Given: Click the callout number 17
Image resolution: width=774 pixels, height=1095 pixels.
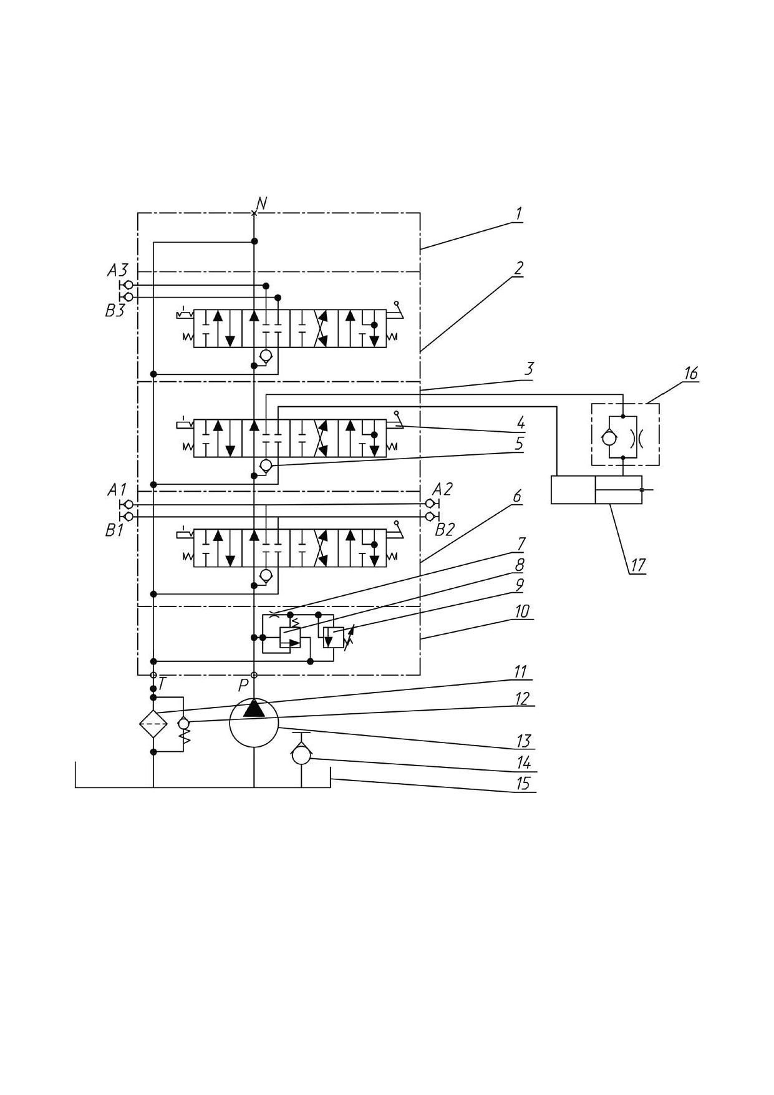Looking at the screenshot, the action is pos(637,565).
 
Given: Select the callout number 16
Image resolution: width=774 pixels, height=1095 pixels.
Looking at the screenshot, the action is pos(690,374).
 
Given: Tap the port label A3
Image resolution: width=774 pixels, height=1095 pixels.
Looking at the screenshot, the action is pos(117,270).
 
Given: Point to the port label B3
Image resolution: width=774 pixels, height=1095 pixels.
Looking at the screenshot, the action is pos(115,311).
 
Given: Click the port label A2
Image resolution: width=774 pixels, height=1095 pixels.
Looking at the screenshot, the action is pos(442,489).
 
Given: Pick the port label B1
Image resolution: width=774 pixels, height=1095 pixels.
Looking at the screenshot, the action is pos(114,531).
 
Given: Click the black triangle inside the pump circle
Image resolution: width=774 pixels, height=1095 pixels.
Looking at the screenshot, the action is pos(254,708).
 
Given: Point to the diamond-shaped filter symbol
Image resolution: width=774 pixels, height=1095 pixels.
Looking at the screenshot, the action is pos(153,724).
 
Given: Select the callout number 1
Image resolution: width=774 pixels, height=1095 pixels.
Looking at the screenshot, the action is pos(518,214).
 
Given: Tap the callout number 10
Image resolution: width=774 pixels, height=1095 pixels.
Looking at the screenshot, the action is pos(521,611).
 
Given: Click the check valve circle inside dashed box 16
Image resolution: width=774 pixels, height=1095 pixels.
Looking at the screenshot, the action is pos(609,438).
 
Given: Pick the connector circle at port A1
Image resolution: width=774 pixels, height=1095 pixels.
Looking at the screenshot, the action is pos(128,504).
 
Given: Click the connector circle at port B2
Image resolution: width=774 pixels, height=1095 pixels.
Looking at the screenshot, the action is pos(429,517).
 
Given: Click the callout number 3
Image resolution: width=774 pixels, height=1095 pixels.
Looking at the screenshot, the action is pos(528,368).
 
